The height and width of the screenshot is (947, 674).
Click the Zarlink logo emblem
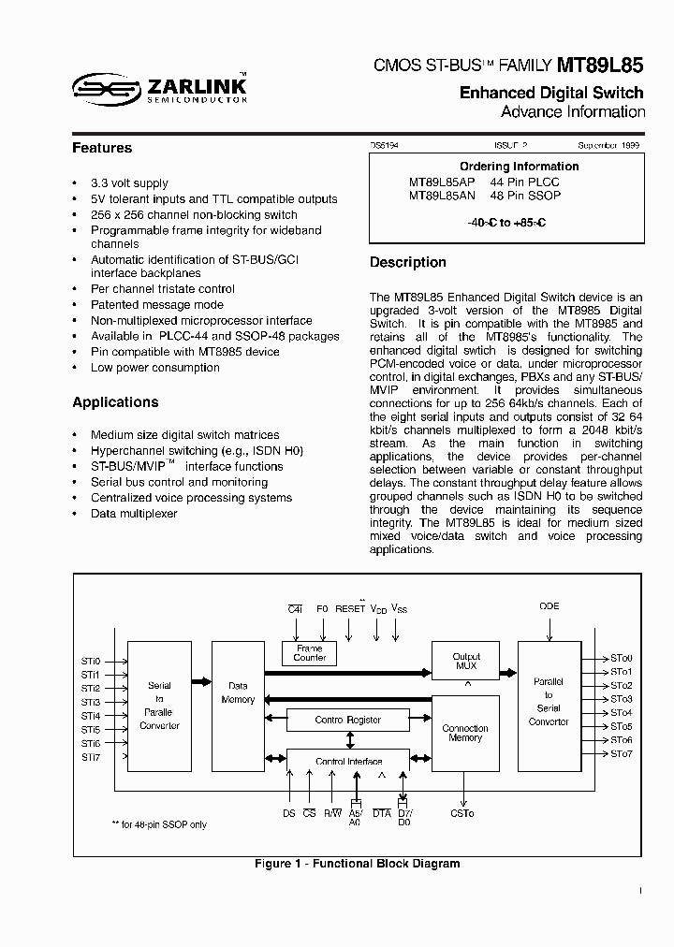tap(106, 87)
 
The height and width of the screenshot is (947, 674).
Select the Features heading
tap(102, 148)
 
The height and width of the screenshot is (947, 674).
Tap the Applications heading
tap(115, 402)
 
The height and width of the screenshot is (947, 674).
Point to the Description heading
tap(407, 262)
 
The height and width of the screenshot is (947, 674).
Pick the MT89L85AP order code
tap(443, 182)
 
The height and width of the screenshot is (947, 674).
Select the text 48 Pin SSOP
tap(525, 196)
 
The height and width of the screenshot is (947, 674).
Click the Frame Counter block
tap(310, 652)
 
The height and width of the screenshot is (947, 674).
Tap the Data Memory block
tap(238, 693)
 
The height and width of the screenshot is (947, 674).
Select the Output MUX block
tap(465, 662)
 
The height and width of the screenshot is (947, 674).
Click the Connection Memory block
tap(465, 733)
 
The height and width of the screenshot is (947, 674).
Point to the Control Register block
tap(347, 720)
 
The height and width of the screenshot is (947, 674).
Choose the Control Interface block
tap(347, 761)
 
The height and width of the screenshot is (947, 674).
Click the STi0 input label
tap(90, 661)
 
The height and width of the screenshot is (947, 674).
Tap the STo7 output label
tap(622, 753)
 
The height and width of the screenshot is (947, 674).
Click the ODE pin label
tap(549, 606)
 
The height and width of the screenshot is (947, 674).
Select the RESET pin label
tap(350, 608)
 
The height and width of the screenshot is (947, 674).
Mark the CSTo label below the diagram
tap(462, 814)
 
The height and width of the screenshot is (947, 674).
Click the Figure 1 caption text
tap(357, 864)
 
